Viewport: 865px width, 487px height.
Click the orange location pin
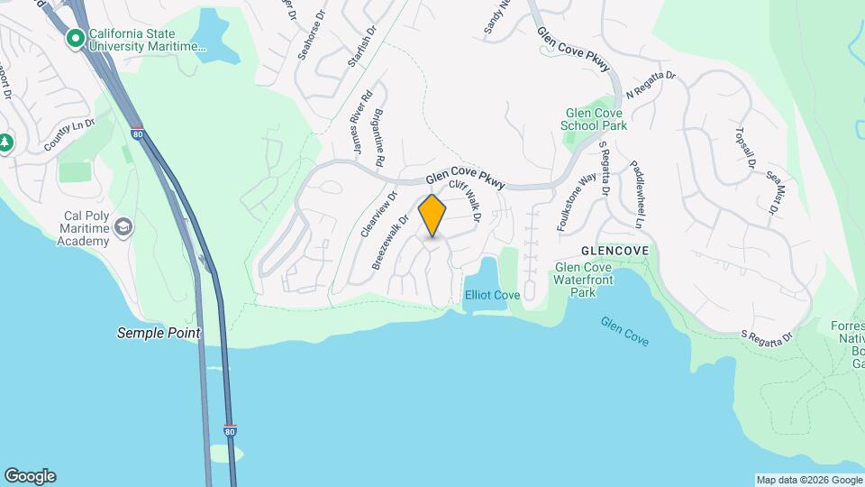tap(432, 215)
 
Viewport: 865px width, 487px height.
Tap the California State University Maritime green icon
tap(76, 38)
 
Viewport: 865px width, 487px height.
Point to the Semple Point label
tap(159, 333)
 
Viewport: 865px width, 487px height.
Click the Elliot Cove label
tap(492, 295)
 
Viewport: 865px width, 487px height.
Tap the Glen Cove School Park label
tap(595, 119)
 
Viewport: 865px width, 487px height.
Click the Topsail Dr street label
tap(746, 148)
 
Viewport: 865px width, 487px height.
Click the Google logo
tap(30, 476)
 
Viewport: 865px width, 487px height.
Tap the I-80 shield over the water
tap(231, 432)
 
